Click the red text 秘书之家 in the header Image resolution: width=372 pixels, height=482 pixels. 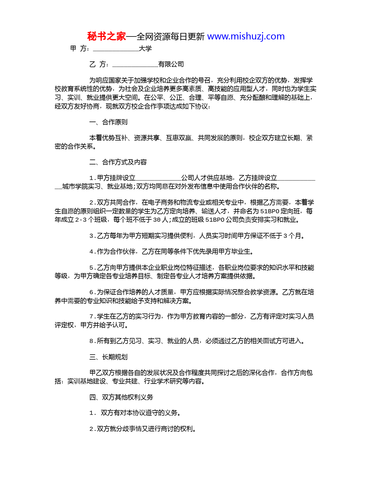(106, 37)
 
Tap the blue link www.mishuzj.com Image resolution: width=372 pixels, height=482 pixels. (246, 36)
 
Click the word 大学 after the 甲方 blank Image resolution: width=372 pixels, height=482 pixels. (145, 48)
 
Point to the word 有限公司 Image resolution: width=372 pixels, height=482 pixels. (171, 64)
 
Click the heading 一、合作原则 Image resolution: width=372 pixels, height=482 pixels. (109, 122)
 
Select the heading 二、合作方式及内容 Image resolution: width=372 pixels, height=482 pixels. (118, 162)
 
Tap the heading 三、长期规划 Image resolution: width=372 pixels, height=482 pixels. (109, 357)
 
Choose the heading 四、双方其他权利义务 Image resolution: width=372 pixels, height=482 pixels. (121, 397)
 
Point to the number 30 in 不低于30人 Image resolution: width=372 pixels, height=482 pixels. (157, 220)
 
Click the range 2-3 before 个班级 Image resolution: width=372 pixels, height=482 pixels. (81, 220)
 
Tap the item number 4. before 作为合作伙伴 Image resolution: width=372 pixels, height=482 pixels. (92, 252)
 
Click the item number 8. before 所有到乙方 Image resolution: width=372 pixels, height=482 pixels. (92, 341)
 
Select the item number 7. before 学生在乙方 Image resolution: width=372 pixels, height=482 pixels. (92, 317)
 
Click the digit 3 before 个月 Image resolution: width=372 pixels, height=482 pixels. (285, 236)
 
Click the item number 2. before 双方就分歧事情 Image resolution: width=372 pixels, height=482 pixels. (92, 429)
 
